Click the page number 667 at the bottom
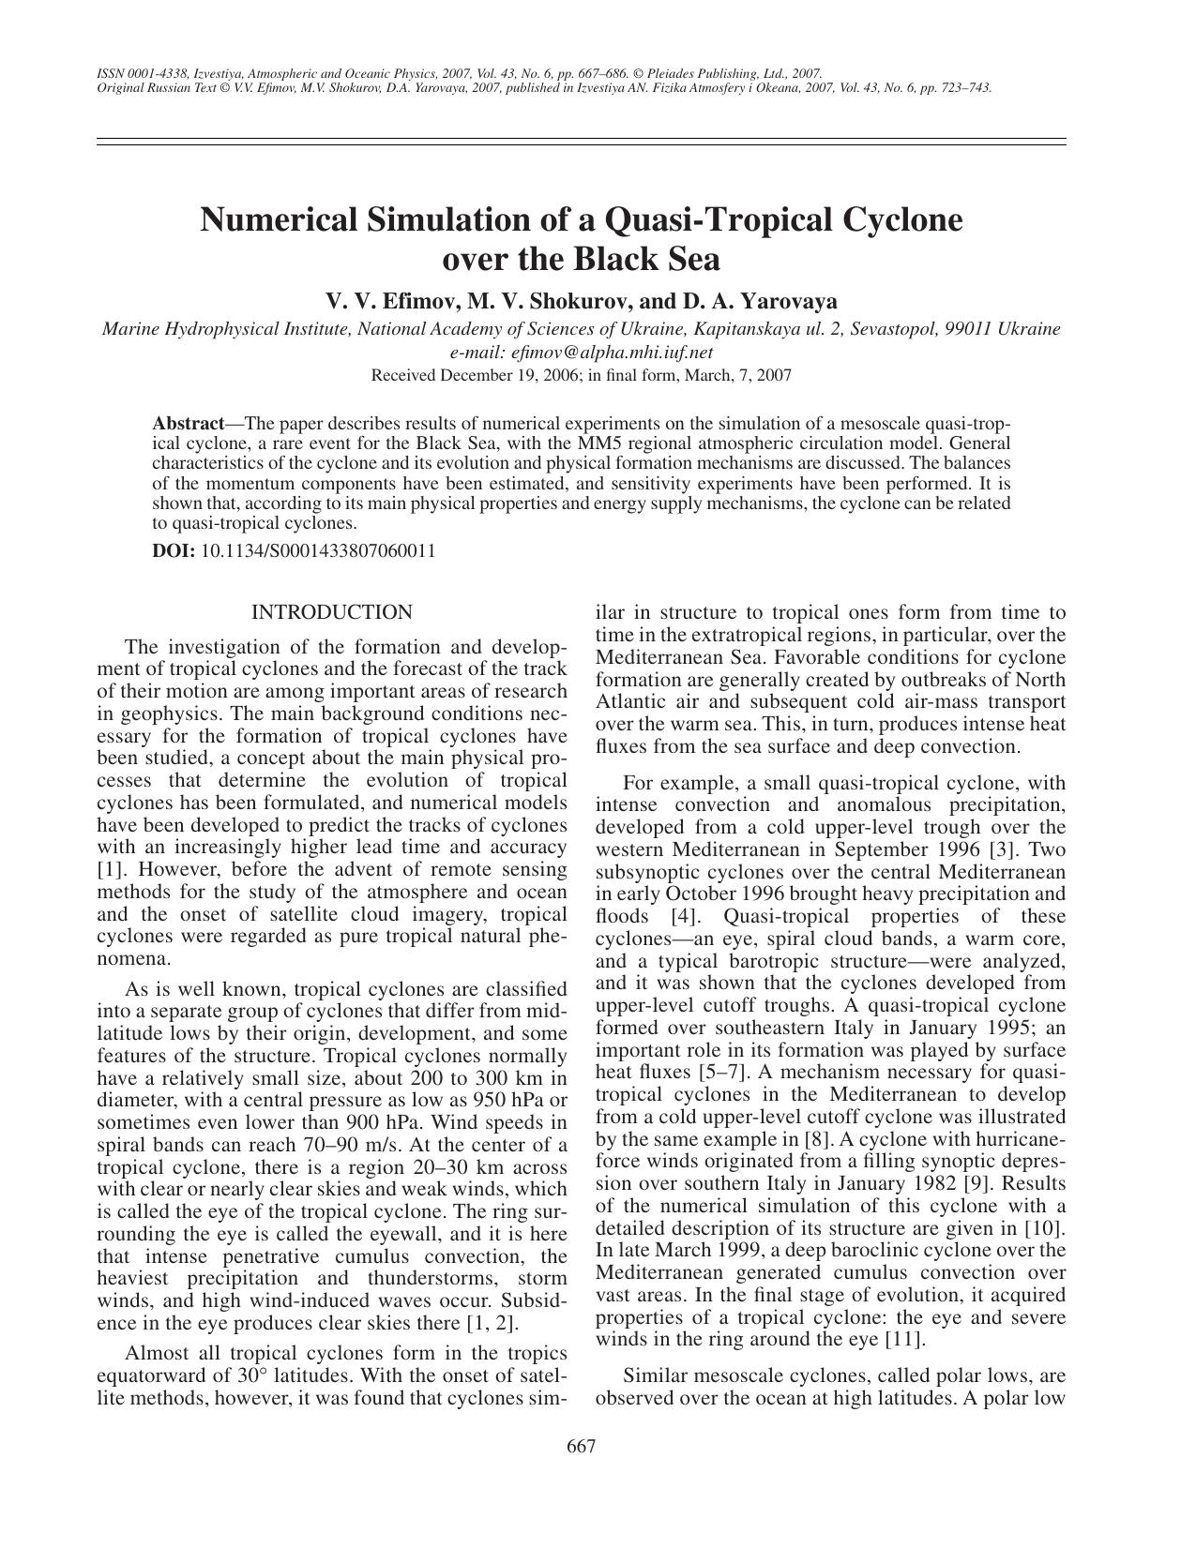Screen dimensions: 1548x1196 tap(582, 1446)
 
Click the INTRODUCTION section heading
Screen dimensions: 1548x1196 tap(331, 612)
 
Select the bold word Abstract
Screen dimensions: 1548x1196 tap(188, 423)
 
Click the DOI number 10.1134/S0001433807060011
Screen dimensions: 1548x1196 tap(318, 550)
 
